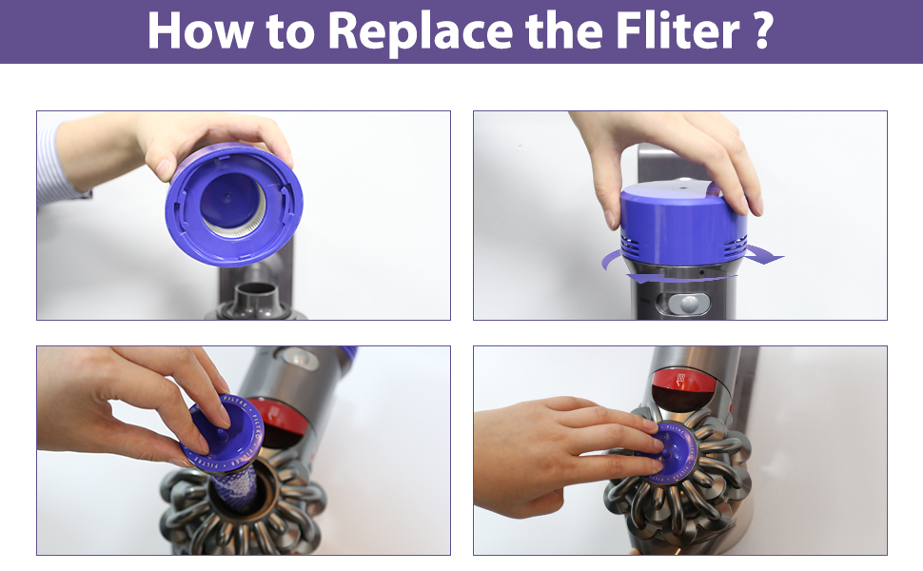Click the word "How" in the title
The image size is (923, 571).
[200, 30]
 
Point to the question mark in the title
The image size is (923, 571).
[761, 30]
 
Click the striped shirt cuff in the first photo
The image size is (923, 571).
[57, 166]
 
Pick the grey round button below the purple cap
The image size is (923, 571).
[688, 304]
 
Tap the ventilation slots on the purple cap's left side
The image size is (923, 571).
[631, 246]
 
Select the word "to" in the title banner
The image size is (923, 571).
[289, 32]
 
